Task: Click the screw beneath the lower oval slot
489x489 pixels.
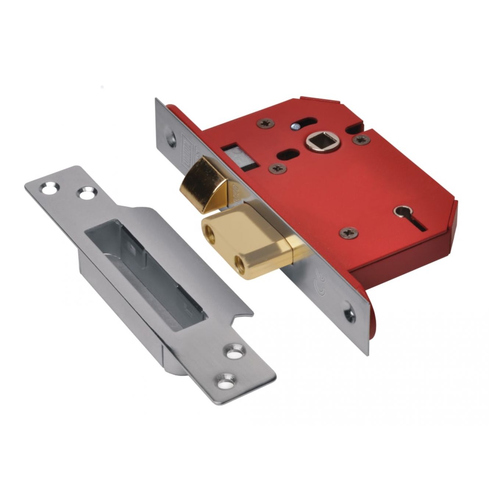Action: click(278, 168)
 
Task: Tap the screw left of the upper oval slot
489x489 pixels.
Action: click(265, 123)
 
